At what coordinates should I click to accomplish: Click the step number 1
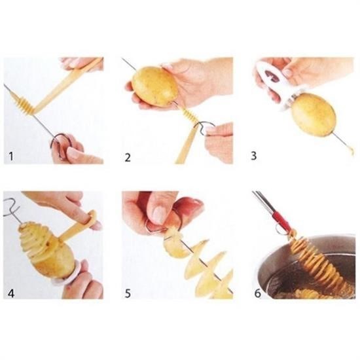tap(10, 156)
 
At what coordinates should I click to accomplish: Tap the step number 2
tap(128, 158)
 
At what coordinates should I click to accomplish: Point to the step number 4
tap(11, 293)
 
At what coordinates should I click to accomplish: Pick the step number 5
tap(128, 293)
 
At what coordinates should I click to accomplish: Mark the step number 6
tap(258, 293)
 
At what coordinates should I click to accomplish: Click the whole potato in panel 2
tap(155, 86)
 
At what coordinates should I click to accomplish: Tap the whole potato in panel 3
tap(314, 114)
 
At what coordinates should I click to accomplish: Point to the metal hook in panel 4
tap(11, 207)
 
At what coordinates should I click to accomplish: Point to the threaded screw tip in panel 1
tap(23, 103)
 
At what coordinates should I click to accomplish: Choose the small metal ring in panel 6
tap(281, 230)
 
